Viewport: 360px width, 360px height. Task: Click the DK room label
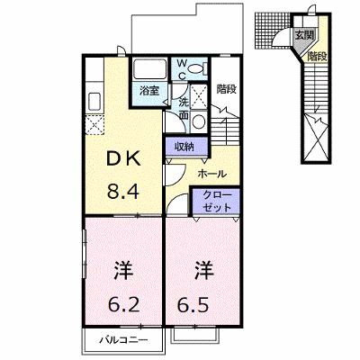(124, 159)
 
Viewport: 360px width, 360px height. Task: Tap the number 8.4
(123, 192)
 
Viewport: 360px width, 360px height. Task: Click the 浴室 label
(149, 91)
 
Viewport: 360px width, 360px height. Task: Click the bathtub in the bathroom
(149, 69)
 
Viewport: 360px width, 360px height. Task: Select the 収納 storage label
(184, 147)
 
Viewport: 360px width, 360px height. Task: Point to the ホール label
(212, 174)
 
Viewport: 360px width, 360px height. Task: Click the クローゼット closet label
(217, 201)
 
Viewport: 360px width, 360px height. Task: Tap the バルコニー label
(124, 340)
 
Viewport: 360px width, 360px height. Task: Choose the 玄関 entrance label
(303, 36)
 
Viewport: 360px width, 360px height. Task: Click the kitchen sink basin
(94, 102)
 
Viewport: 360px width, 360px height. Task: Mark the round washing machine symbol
(198, 121)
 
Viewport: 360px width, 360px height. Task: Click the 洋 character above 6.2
(123, 270)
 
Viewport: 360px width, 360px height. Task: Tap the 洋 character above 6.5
(204, 270)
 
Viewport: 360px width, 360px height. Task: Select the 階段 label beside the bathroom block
(227, 89)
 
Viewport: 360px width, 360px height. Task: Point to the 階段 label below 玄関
(317, 57)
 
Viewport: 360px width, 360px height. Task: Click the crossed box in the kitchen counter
(94, 125)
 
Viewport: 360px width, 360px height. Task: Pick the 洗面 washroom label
(184, 109)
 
